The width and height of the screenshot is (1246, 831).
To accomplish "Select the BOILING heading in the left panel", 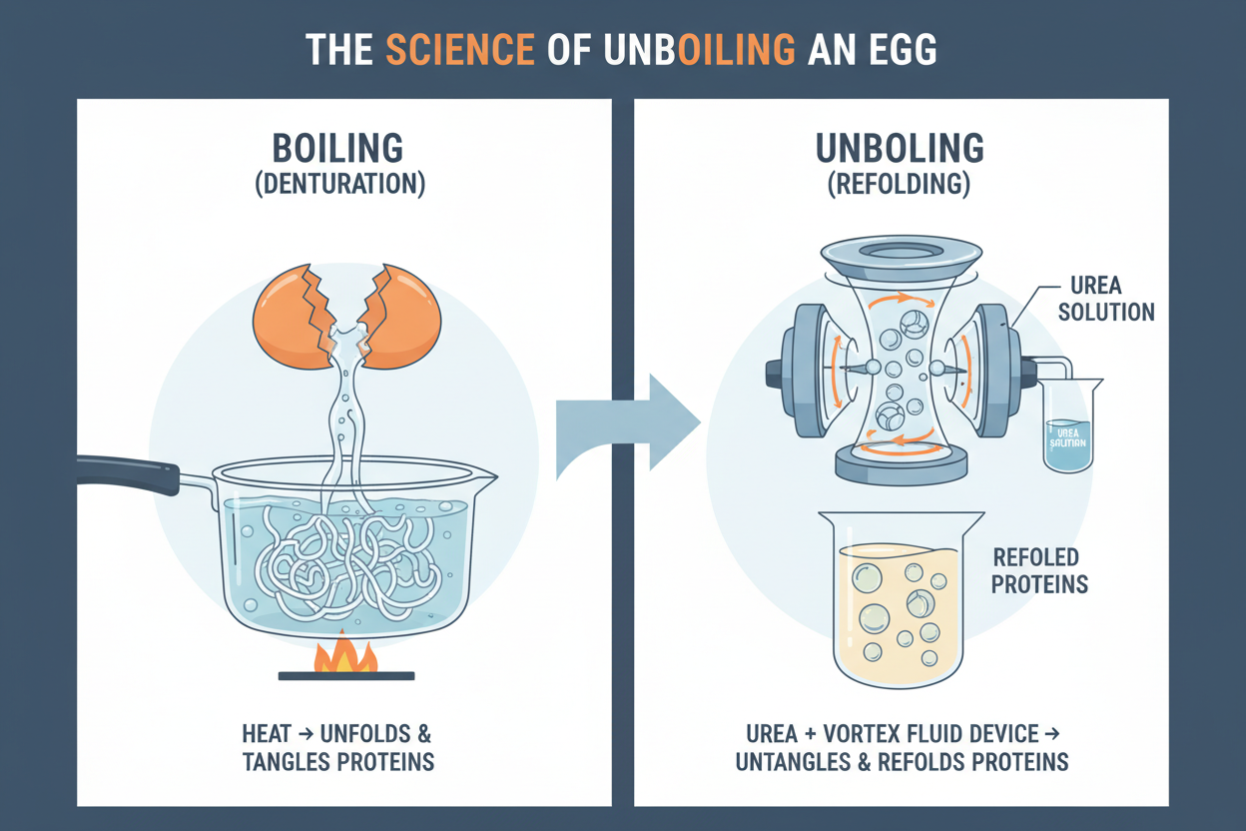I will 338,148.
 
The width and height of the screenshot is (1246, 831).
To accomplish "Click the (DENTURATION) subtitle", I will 338,185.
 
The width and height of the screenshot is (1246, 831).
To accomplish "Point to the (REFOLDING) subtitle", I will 901,185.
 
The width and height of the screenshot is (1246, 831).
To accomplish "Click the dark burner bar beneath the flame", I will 345,676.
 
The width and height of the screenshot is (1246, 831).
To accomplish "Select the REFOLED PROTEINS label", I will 1038,570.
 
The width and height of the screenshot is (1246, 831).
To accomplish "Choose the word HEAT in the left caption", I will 268,733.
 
